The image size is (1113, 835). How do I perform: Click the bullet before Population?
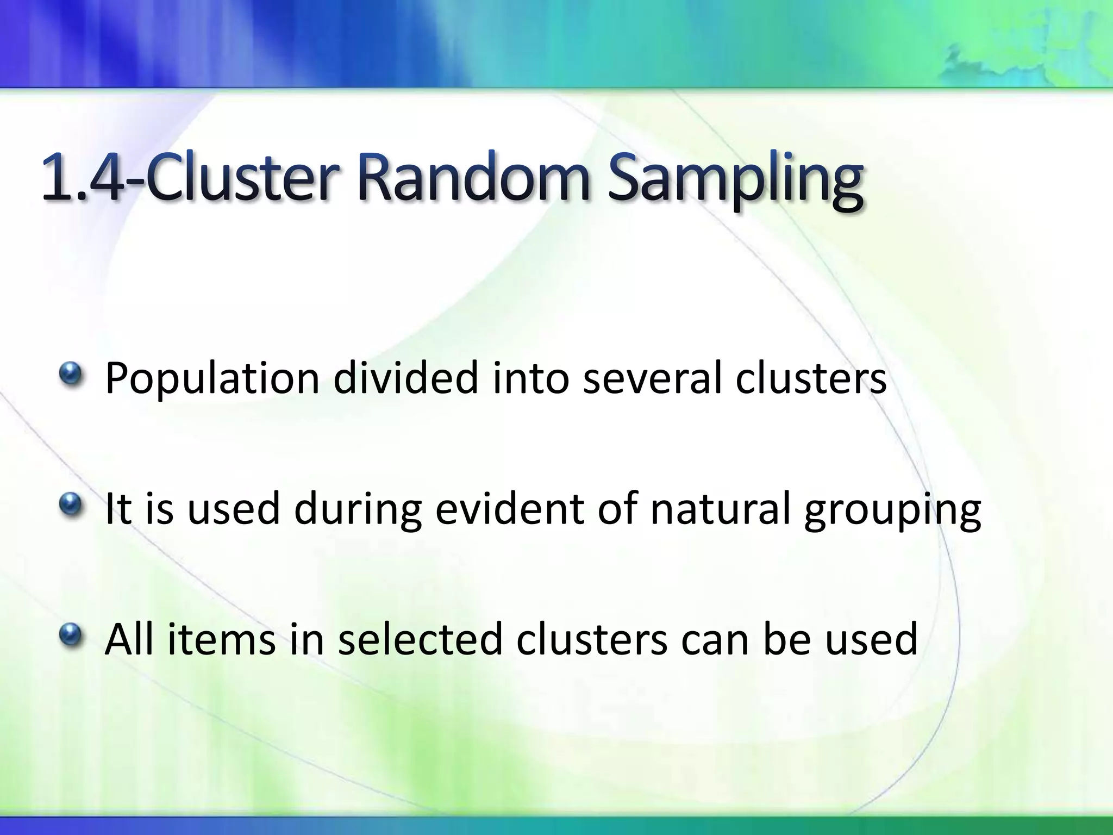click(71, 375)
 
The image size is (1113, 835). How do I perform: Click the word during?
click(358, 510)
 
